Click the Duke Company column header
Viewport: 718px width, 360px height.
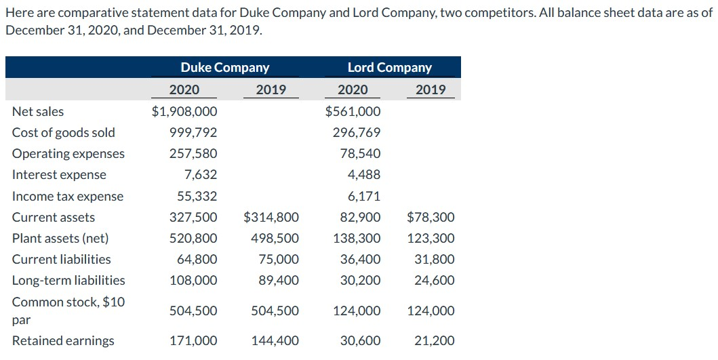pyautogui.click(x=224, y=68)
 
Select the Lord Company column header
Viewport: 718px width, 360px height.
pyautogui.click(x=389, y=68)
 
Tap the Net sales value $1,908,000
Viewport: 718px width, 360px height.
pyautogui.click(x=184, y=111)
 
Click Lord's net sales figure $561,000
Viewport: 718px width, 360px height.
pyautogui.click(x=353, y=111)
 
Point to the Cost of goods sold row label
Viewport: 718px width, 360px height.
pyautogui.click(x=64, y=133)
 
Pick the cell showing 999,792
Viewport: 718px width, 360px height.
pyautogui.click(x=193, y=133)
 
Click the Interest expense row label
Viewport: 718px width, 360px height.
pyautogui.click(x=59, y=175)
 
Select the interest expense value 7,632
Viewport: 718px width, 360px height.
pyautogui.click(x=201, y=175)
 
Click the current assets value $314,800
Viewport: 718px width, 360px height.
pyautogui.click(x=271, y=218)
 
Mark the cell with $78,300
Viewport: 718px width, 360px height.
pyautogui.click(x=431, y=218)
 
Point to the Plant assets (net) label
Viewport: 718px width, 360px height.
pyautogui.click(x=60, y=239)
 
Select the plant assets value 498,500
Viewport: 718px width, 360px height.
pyautogui.click(x=275, y=239)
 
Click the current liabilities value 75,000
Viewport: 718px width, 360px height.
pyautogui.click(x=278, y=260)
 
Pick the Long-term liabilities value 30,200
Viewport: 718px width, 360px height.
pyautogui.click(x=360, y=281)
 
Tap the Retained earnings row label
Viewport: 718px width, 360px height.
pyautogui.click(x=63, y=341)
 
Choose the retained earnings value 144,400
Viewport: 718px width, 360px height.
pyautogui.click(x=275, y=341)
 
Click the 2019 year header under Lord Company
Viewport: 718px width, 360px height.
pyautogui.click(x=431, y=89)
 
